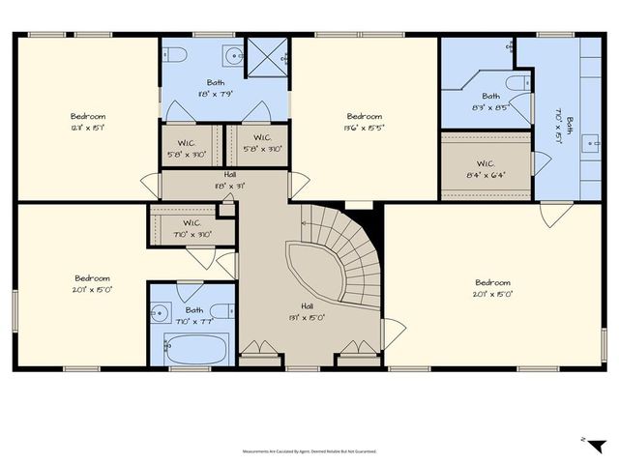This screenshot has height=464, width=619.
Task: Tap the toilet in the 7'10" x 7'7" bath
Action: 221,311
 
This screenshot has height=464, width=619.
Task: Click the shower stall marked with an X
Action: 266,56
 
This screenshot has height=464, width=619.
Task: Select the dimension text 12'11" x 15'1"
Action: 88,128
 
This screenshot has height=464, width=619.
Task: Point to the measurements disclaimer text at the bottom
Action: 309,451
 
